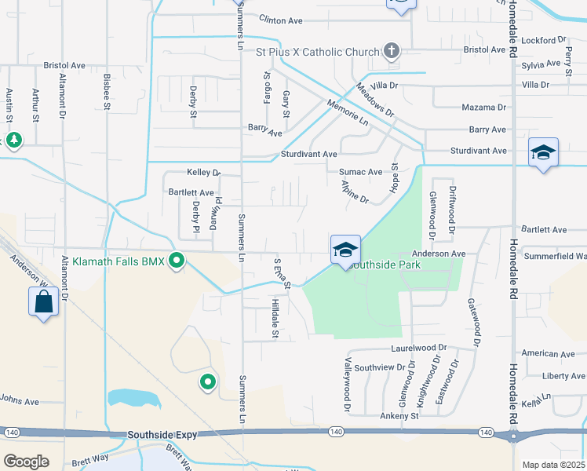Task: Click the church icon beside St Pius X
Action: pos(392,52)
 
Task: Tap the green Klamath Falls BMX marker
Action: pos(177,261)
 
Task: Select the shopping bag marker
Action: pos(43,301)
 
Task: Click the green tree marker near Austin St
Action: pos(13,140)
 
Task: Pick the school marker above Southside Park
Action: pos(345,250)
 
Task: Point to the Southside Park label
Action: pos(386,265)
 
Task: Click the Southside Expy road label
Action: pos(160,434)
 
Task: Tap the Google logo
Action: pos(26,462)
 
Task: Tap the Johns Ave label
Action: pos(19,401)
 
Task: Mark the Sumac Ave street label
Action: pos(360,171)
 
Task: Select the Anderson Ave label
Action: pos(439,254)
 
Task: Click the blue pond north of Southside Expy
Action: pos(133,397)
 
